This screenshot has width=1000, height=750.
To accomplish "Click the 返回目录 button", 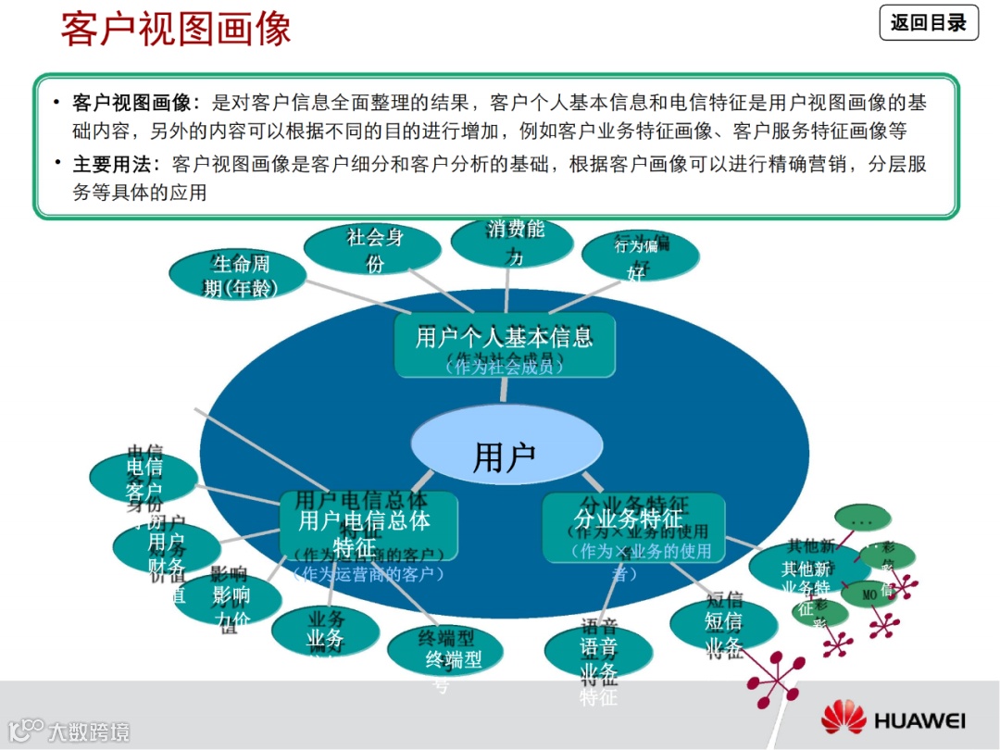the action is (928, 22).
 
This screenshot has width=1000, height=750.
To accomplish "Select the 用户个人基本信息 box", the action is (505, 345).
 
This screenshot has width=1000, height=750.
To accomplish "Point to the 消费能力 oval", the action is (511, 241).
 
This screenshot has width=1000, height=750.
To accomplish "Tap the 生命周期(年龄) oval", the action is (238, 276).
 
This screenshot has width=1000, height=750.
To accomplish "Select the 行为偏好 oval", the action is (640, 256).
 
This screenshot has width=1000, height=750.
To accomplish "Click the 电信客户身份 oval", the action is (144, 478).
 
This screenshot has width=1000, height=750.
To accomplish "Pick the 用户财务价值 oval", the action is (167, 548).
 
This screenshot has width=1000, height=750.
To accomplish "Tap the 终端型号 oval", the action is (444, 652).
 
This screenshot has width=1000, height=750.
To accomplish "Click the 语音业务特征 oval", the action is (598, 652).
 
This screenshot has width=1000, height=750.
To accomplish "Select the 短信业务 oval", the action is (723, 625).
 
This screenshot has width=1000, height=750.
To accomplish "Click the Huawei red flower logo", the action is (843, 718).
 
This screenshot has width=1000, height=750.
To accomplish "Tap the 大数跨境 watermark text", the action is (88, 731).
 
